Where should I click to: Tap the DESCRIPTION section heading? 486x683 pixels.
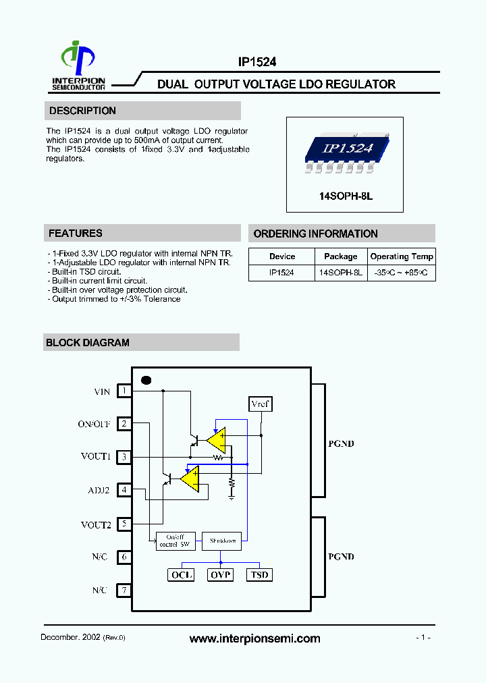(82, 111)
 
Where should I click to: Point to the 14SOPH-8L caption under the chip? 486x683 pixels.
(345, 196)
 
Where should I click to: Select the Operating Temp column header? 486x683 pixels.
(402, 256)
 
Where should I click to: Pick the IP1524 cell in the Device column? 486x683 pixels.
(281, 273)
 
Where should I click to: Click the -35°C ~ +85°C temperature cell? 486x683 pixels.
(402, 273)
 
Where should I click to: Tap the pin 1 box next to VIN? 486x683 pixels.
(124, 391)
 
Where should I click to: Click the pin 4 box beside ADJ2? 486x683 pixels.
(124, 490)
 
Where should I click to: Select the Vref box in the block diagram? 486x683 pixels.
(260, 404)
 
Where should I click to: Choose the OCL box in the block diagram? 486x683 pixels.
(181, 575)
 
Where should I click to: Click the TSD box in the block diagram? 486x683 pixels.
(259, 575)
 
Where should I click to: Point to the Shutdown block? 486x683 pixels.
(222, 541)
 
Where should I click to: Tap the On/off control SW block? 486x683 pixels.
(173, 541)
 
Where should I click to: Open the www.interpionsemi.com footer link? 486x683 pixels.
(254, 638)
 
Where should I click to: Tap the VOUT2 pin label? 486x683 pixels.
(96, 524)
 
